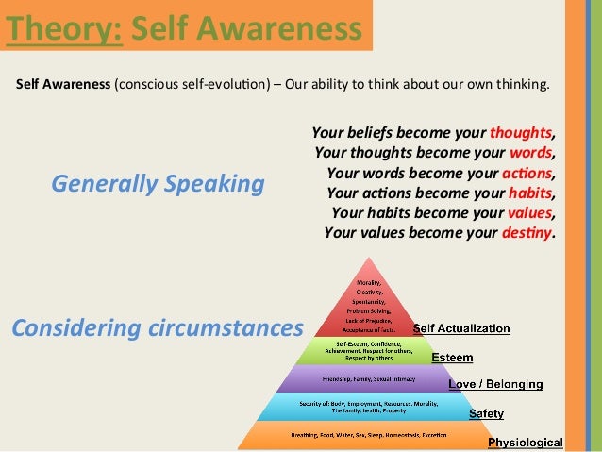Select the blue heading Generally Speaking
click(157, 182)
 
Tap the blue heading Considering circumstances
click(157, 327)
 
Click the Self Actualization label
click(461, 329)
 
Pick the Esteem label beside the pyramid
click(452, 358)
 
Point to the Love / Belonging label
click(494, 384)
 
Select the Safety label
click(486, 413)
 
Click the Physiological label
click(525, 442)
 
